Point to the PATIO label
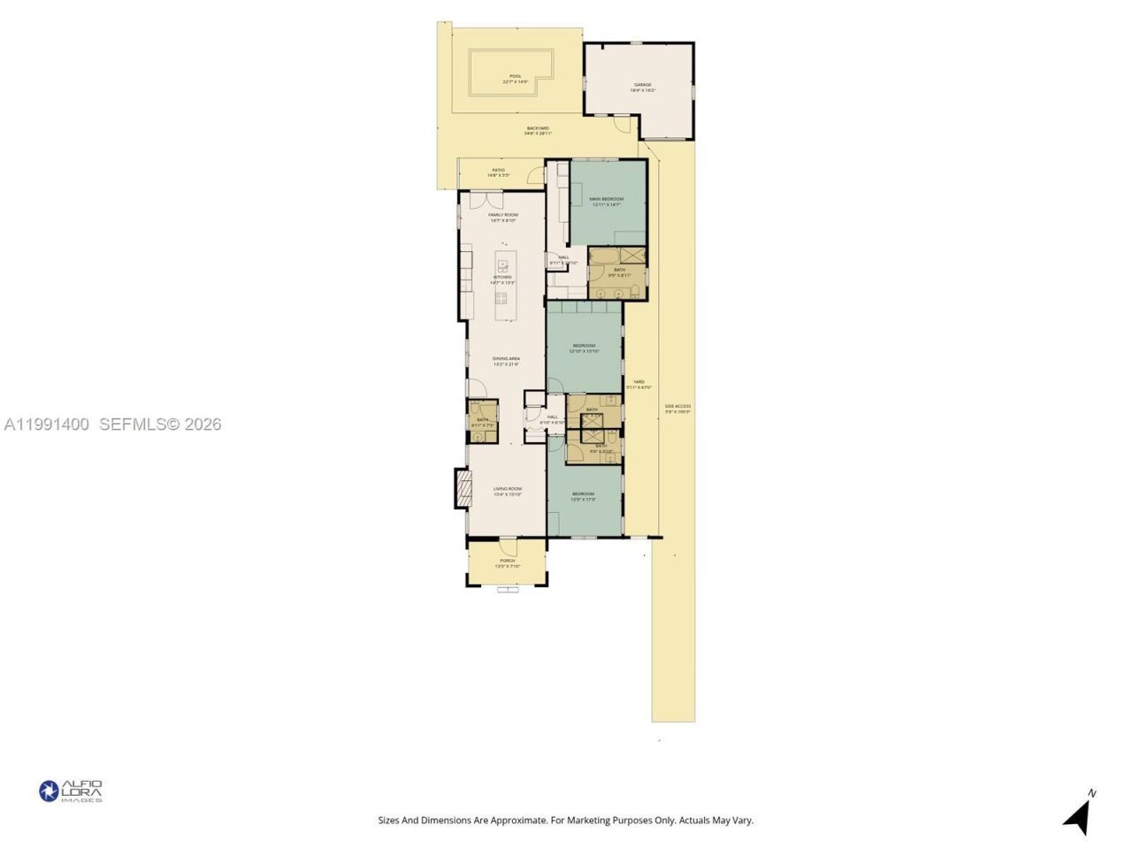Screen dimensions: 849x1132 point(499,172)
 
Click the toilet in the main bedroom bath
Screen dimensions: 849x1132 point(634,291)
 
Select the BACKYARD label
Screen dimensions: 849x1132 point(538,130)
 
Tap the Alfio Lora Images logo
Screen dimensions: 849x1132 point(71,791)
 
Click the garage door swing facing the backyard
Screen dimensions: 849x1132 point(625,125)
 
